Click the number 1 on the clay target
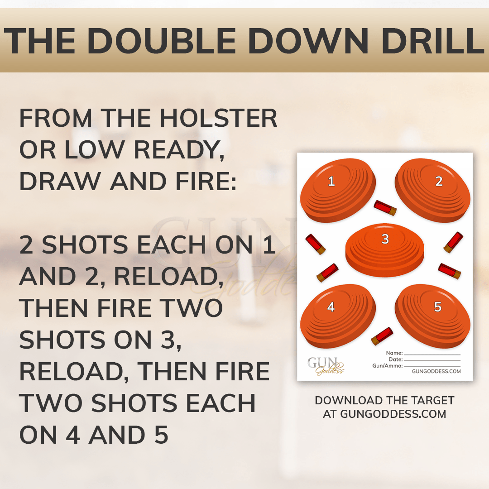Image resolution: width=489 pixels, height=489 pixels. coord(331,182)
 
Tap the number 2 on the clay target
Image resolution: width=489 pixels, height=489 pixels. coord(439,182)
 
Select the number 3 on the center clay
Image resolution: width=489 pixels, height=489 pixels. coord(385,239)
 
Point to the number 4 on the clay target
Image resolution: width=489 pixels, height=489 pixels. coord(331,307)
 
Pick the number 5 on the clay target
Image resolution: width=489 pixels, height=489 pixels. coord(438,307)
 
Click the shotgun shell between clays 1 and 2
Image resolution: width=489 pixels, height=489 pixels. coord(385,208)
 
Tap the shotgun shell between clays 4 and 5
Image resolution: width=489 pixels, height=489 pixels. coord(381,335)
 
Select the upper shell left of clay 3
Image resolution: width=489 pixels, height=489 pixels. coord(316,244)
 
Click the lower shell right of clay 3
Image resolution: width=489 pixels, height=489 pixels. coord(450,271)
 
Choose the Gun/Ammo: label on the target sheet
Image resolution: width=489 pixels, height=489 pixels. coord(387,366)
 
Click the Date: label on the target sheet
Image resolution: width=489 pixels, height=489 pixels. coord(395,360)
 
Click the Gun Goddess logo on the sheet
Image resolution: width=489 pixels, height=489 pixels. coord(326,365)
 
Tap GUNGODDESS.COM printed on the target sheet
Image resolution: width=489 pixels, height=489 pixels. coord(436,371)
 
